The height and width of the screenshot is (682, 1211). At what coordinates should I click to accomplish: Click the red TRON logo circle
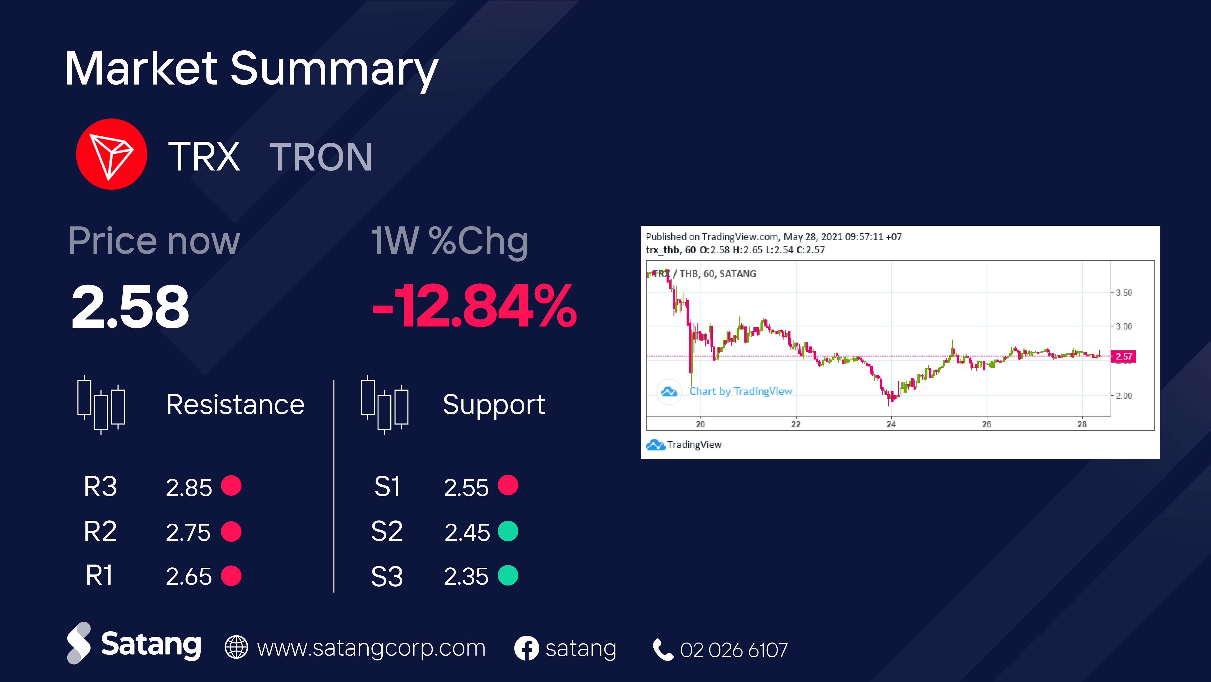pyautogui.click(x=111, y=154)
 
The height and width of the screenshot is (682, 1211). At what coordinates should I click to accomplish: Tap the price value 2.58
pyautogui.click(x=130, y=307)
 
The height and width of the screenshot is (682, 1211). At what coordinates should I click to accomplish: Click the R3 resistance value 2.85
pyautogui.click(x=189, y=487)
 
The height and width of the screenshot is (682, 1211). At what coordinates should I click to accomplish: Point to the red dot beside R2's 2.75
pyautogui.click(x=231, y=532)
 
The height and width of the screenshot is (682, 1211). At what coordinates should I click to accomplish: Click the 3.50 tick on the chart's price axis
pyautogui.click(x=1124, y=293)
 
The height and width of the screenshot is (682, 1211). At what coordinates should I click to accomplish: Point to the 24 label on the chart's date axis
pyautogui.click(x=891, y=424)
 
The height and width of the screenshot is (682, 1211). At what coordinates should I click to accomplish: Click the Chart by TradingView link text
pyautogui.click(x=741, y=391)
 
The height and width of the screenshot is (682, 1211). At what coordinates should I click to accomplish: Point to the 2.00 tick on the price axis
pyautogui.click(x=1124, y=395)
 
